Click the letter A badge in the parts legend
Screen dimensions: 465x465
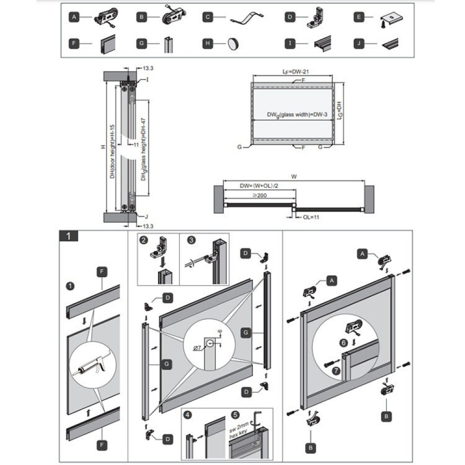(74, 18)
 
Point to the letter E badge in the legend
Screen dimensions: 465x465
(359, 18)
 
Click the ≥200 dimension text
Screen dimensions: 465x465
(261, 196)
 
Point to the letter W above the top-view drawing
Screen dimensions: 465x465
(294, 176)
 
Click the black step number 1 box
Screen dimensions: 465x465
(69, 236)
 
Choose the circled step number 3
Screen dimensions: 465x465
(191, 240)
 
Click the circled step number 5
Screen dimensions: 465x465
(235, 415)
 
